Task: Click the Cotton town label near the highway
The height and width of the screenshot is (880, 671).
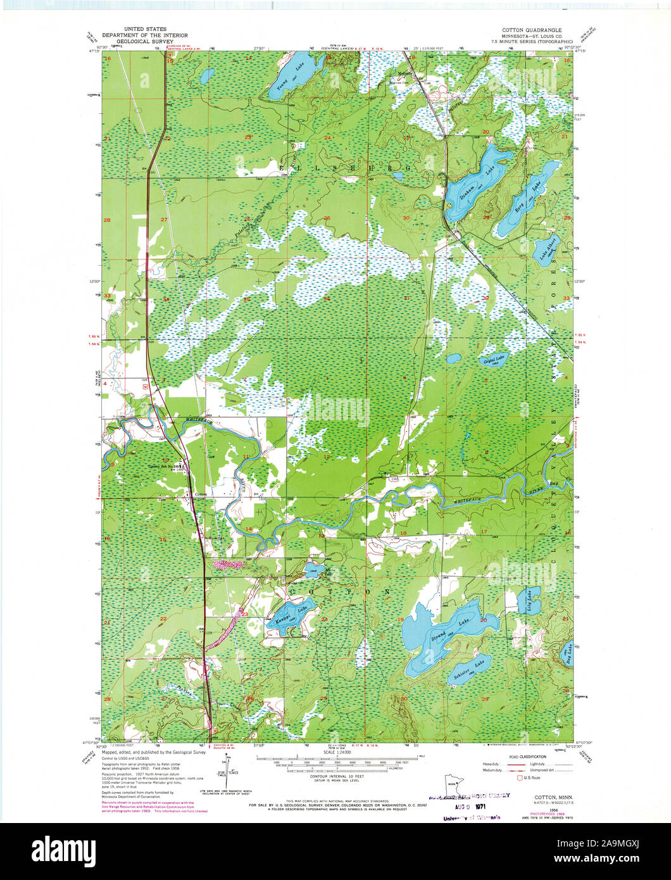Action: (x=201, y=494)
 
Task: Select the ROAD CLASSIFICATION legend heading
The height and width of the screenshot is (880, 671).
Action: (x=521, y=755)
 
